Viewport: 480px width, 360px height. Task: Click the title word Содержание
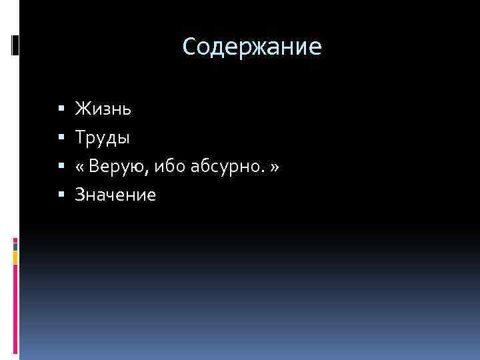[252, 47]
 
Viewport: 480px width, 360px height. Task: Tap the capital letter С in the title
[189, 47]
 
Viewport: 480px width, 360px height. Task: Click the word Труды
[103, 137]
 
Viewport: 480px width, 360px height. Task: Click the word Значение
[115, 195]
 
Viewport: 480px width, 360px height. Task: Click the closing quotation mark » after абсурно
[273, 167]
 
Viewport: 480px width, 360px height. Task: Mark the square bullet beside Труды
[61, 137]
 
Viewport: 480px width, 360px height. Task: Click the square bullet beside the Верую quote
[61, 166]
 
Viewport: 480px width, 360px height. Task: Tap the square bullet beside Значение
[61, 195]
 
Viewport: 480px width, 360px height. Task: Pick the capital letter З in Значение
[80, 195]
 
